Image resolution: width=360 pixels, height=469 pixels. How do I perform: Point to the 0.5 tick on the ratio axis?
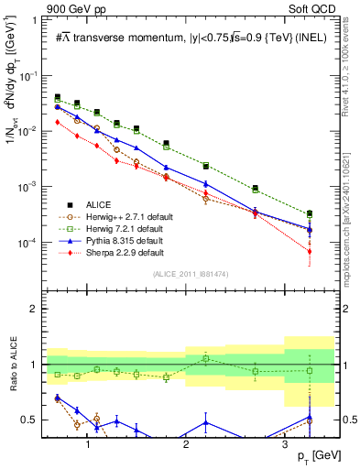(x=34, y=420)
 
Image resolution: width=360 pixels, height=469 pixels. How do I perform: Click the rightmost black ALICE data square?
(x=310, y=213)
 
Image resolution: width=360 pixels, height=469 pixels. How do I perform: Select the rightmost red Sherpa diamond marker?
(x=310, y=251)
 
